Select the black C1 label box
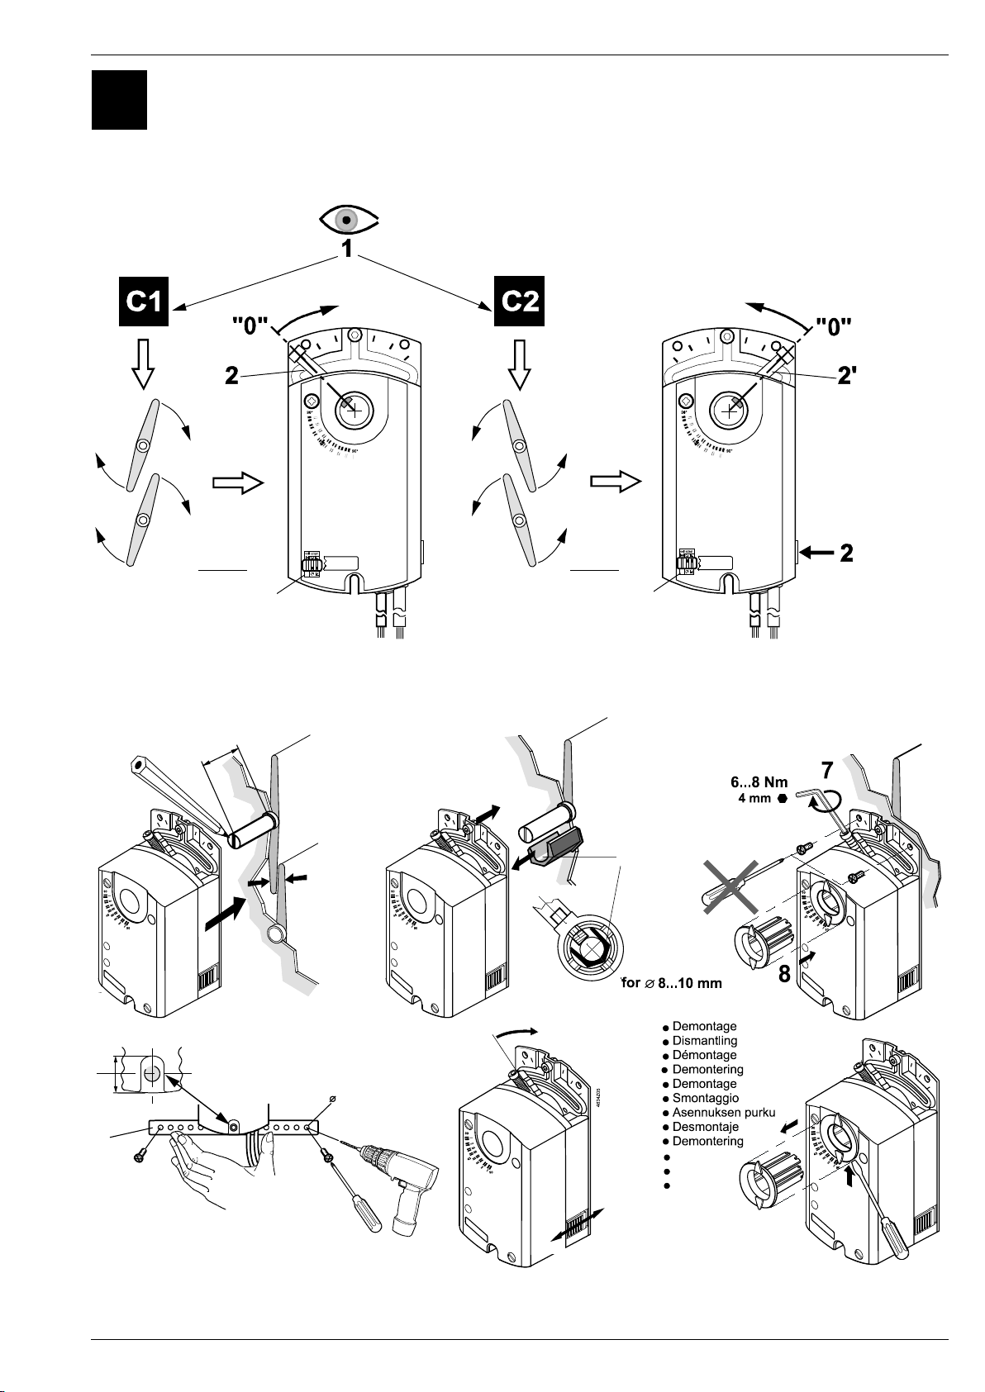pyautogui.click(x=142, y=302)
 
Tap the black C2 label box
pyautogui.click(x=518, y=302)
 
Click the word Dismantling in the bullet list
pyautogui.click(x=704, y=1041)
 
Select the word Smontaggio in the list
pyautogui.click(x=705, y=1098)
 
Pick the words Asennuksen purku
pyautogui.click(x=723, y=1112)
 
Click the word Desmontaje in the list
pyautogui.click(x=705, y=1127)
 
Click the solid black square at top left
pyautogui.click(x=119, y=100)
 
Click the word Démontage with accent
pyautogui.click(x=704, y=1055)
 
